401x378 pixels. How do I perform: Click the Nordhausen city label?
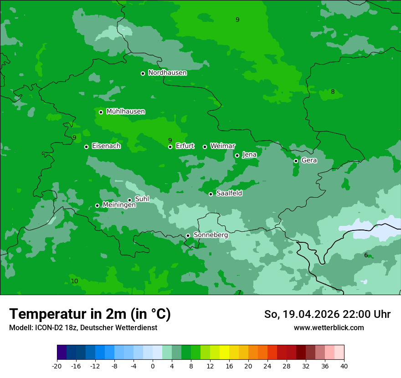pyautogui.click(x=167, y=73)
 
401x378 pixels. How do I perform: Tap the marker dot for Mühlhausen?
pyautogui.click(x=101, y=112)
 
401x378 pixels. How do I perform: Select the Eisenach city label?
pyautogui.click(x=106, y=146)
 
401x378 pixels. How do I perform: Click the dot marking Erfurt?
pyautogui.click(x=170, y=147)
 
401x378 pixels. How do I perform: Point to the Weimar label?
pyautogui.click(x=223, y=146)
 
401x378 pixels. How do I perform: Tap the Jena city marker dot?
pyautogui.click(x=237, y=155)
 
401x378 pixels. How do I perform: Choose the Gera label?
pyautogui.click(x=309, y=160)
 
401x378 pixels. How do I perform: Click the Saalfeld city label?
pyautogui.click(x=229, y=194)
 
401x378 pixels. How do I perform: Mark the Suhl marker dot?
pyautogui.click(x=129, y=200)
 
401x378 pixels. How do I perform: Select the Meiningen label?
pyautogui.click(x=119, y=205)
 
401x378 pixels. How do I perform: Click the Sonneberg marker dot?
pyautogui.click(x=188, y=236)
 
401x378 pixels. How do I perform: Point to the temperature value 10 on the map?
pyautogui.click(x=74, y=281)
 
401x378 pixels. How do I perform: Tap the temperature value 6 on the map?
pyautogui.click(x=366, y=255)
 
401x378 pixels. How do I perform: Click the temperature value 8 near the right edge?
pyautogui.click(x=333, y=92)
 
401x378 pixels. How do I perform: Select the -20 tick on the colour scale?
pyautogui.click(x=57, y=366)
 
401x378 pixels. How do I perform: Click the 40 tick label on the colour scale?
pyautogui.click(x=344, y=366)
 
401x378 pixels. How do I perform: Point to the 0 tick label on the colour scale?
pyautogui.click(x=153, y=366)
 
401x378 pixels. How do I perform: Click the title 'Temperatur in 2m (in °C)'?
pyautogui.click(x=90, y=314)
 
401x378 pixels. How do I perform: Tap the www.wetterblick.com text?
pyautogui.click(x=329, y=328)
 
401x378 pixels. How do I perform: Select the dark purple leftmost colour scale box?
pyautogui.click(x=62, y=352)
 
